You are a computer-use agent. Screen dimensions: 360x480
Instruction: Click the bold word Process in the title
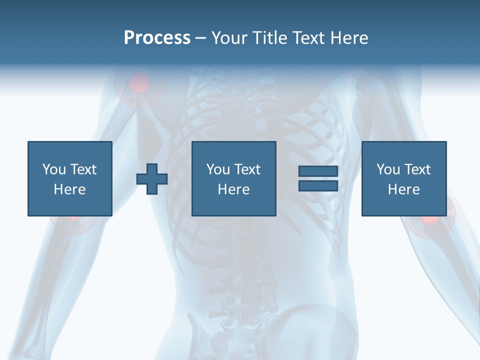[157, 38]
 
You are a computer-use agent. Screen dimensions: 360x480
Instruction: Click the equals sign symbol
[318, 178]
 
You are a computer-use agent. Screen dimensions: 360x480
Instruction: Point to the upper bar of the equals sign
[318, 171]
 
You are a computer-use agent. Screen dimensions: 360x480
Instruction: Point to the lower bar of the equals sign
[318, 185]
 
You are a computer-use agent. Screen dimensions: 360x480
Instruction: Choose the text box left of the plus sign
[69, 178]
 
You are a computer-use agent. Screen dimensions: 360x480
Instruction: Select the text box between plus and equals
[233, 178]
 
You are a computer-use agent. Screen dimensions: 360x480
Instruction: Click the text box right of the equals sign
[403, 178]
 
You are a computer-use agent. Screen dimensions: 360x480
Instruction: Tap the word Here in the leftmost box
[69, 189]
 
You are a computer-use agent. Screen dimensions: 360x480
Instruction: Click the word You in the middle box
[218, 169]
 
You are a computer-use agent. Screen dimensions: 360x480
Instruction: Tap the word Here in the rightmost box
[403, 189]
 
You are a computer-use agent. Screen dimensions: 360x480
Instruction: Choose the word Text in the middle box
[247, 169]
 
